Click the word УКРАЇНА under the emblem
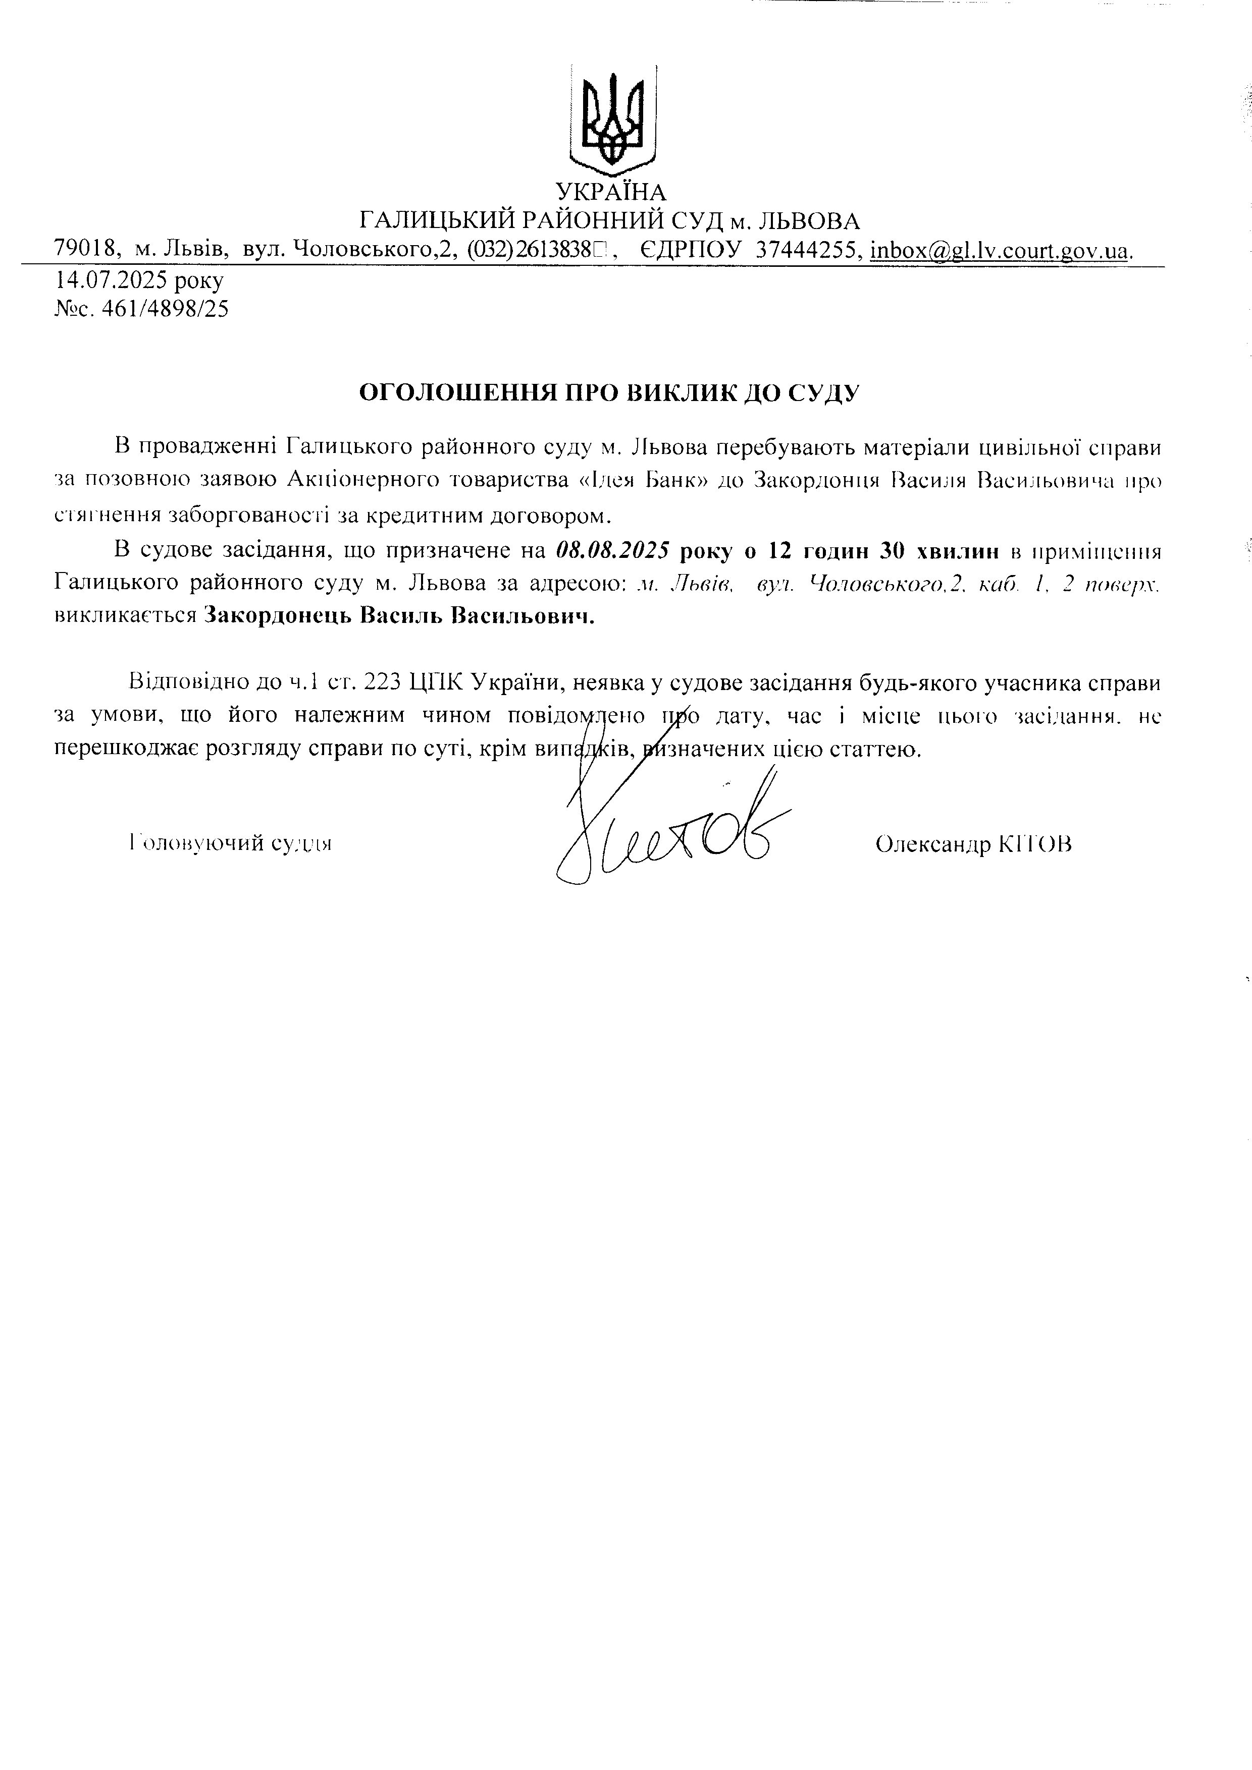pos(611,191)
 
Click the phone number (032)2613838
pos(529,250)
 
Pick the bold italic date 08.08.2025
pos(611,551)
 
